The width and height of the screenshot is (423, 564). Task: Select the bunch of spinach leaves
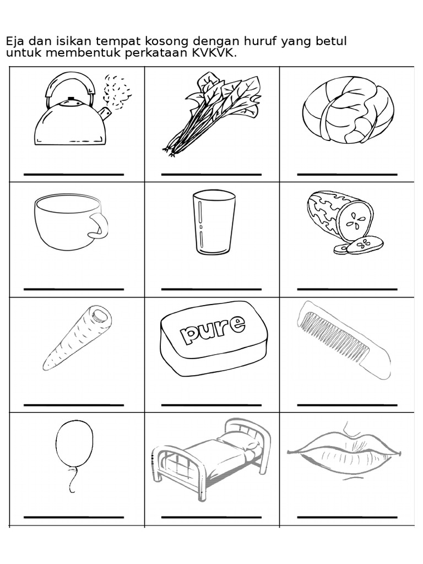click(212, 113)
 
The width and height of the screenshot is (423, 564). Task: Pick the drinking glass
click(214, 223)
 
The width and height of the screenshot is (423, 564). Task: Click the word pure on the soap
click(213, 329)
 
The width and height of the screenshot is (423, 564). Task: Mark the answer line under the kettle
click(74, 175)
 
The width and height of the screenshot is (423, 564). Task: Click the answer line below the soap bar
click(211, 405)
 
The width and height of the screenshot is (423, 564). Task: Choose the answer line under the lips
click(347, 517)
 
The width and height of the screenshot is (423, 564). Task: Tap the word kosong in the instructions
click(164, 42)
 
